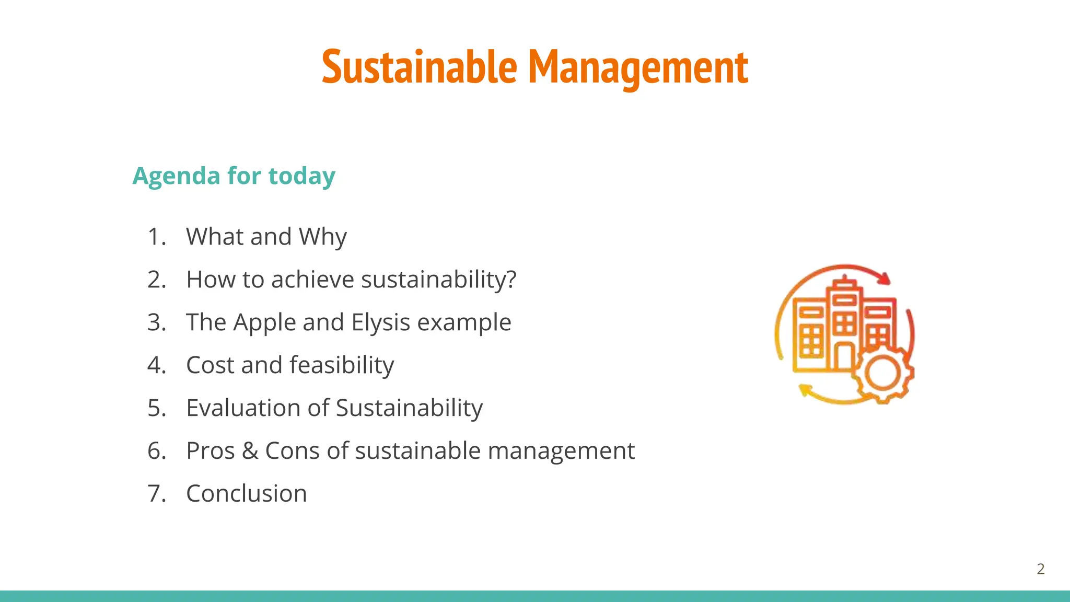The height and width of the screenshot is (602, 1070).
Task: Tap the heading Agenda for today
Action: [x=234, y=176]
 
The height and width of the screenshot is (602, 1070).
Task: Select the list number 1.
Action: [x=156, y=237]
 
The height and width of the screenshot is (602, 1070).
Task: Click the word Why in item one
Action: [x=322, y=237]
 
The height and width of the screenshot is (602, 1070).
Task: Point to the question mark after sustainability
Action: [x=511, y=279]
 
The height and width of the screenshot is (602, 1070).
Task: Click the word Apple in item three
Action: [x=264, y=322]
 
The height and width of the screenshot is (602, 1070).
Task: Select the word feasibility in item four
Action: [x=342, y=365]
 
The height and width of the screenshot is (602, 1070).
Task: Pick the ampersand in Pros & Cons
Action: [x=250, y=450]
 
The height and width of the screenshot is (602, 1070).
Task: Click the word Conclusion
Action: [x=247, y=493]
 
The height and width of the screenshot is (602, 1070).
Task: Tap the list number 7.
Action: [x=156, y=493]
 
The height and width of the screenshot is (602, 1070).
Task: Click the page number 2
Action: [x=1040, y=569]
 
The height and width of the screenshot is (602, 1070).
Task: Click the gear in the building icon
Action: [x=882, y=373]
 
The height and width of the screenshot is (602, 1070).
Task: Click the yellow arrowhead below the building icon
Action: [x=805, y=390]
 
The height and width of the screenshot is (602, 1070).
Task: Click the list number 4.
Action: [x=156, y=365]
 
